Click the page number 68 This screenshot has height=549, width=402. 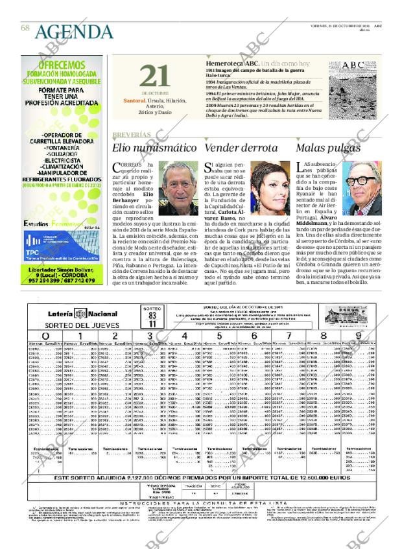coord(25,28)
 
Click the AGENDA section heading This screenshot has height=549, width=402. coord(74,32)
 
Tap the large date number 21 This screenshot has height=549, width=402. coord(154,76)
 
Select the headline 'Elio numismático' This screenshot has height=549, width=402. coord(154,148)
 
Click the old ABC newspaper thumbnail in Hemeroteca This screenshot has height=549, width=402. coord(362,77)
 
